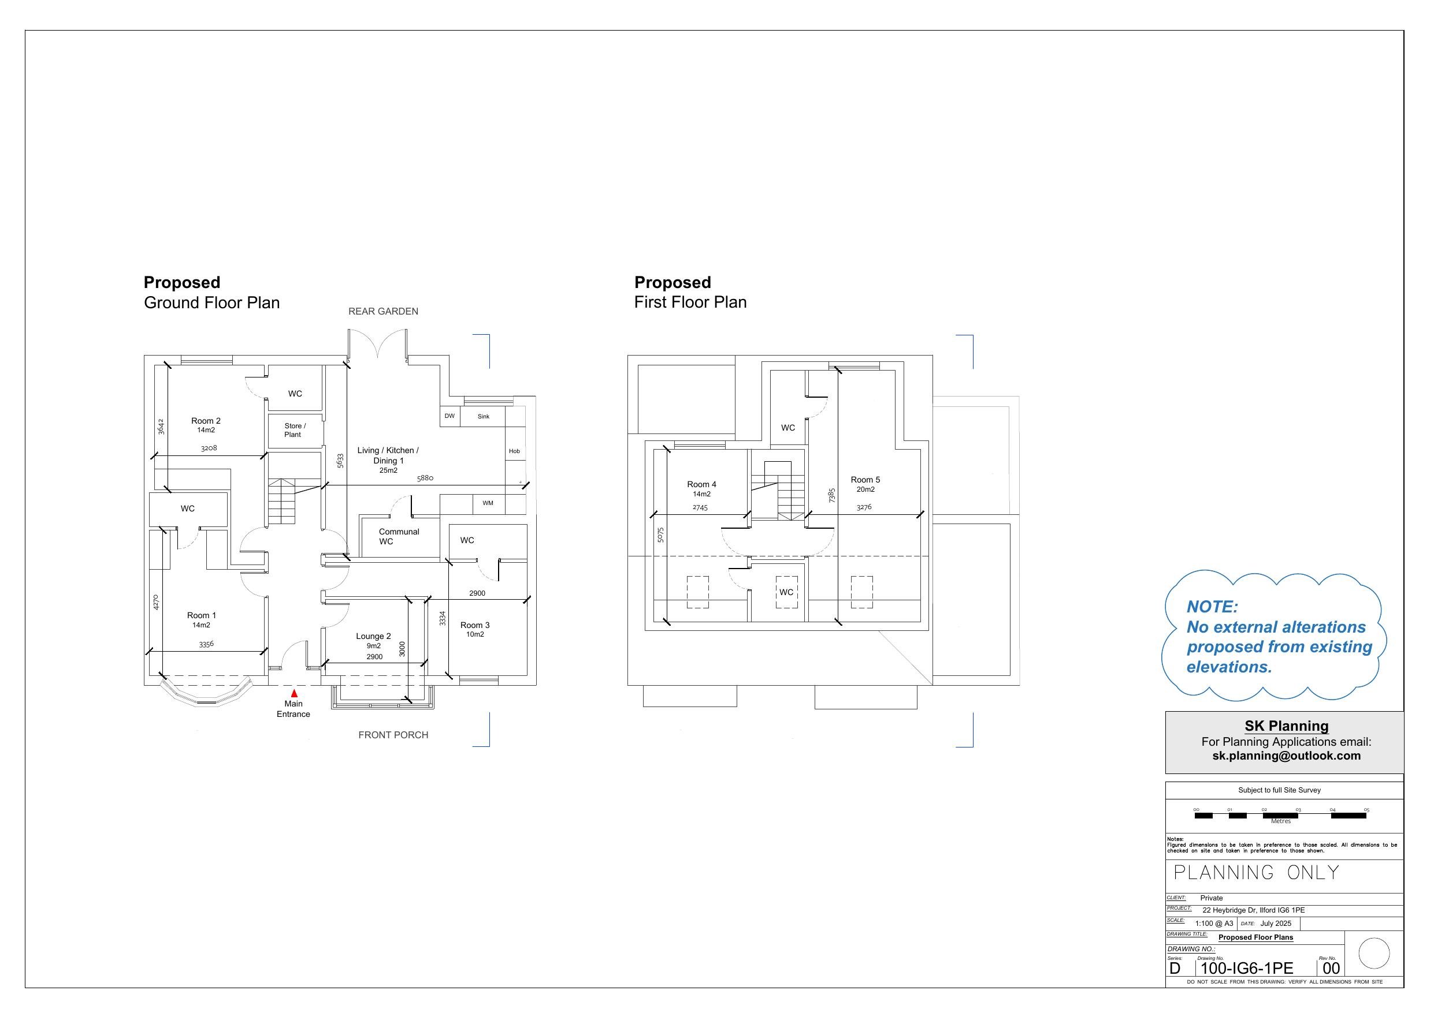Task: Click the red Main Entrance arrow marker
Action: (294, 693)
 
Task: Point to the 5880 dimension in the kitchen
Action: (425, 478)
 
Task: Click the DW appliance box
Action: (449, 416)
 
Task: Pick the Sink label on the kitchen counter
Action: (484, 416)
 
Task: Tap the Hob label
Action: (515, 451)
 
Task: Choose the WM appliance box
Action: (488, 504)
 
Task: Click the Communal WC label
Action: (399, 537)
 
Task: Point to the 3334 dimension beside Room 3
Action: (443, 619)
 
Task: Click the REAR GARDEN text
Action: (384, 312)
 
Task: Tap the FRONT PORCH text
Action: (393, 735)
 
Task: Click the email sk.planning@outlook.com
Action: (1287, 756)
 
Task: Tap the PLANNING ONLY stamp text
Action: (1257, 873)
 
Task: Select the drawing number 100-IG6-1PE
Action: (1247, 968)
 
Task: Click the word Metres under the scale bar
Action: (1280, 821)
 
